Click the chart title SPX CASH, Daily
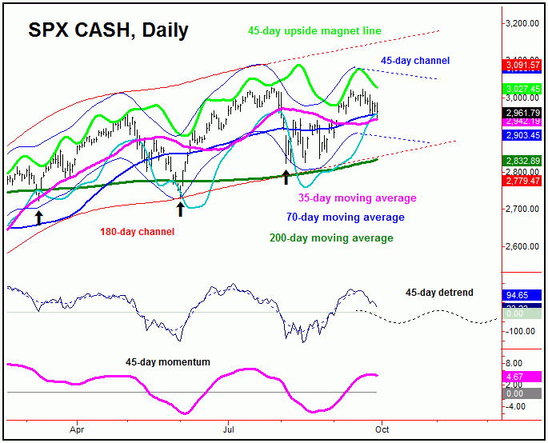(x=108, y=31)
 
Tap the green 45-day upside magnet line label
(x=314, y=31)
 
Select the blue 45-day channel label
(x=414, y=61)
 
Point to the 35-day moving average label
(x=357, y=198)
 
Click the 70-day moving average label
(x=346, y=217)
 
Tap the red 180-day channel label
(x=138, y=232)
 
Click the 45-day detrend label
(x=440, y=293)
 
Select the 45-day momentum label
(x=168, y=362)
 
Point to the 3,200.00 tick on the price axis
(x=522, y=23)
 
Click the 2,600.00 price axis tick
(x=522, y=246)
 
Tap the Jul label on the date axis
(x=229, y=428)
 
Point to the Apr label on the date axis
(x=78, y=428)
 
